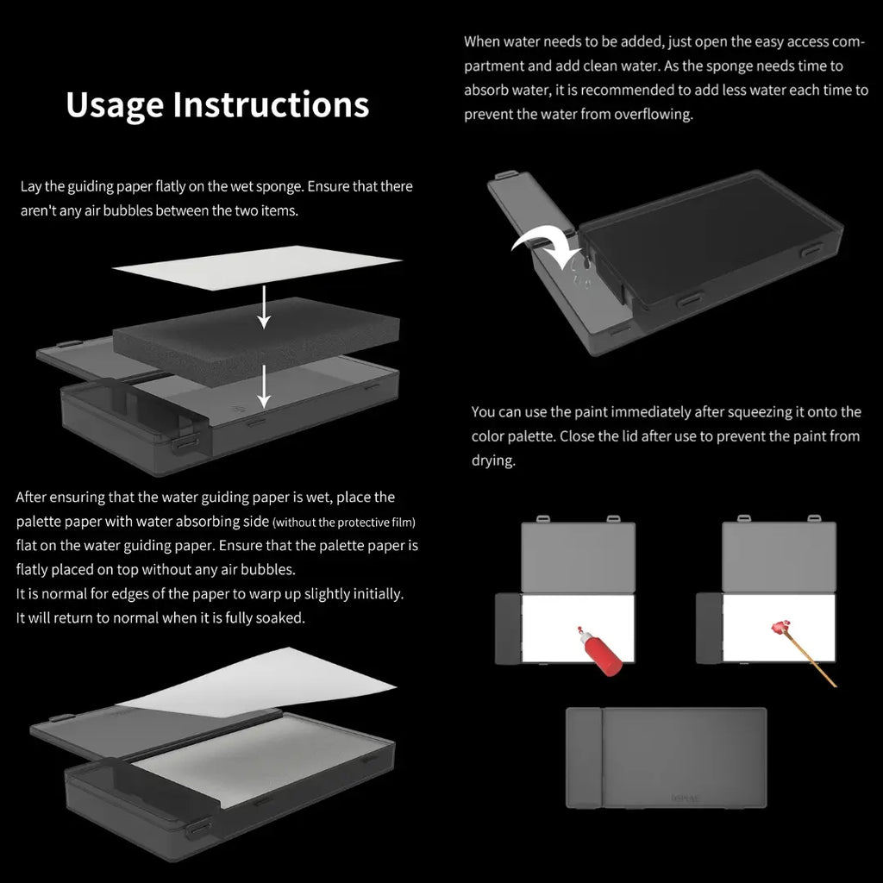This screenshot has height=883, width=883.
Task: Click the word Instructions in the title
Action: point(271,104)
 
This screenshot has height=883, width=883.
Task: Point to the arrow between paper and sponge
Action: point(264,307)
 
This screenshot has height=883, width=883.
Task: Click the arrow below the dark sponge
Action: point(264,385)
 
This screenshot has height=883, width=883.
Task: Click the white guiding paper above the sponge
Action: point(257,267)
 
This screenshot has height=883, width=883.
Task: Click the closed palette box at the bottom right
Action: point(667,757)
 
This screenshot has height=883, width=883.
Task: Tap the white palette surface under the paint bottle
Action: point(578,628)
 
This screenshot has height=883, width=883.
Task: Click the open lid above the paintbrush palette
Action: point(779,556)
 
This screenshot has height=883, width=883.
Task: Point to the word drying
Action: point(493,460)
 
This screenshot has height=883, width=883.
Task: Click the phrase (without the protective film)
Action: point(344,523)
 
